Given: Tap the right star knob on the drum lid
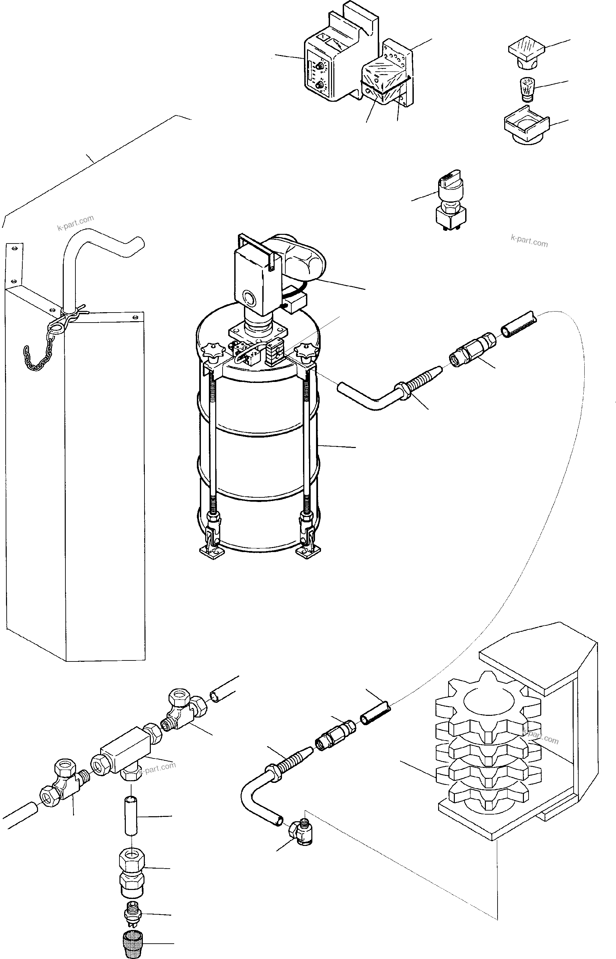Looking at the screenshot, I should (304, 351).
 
